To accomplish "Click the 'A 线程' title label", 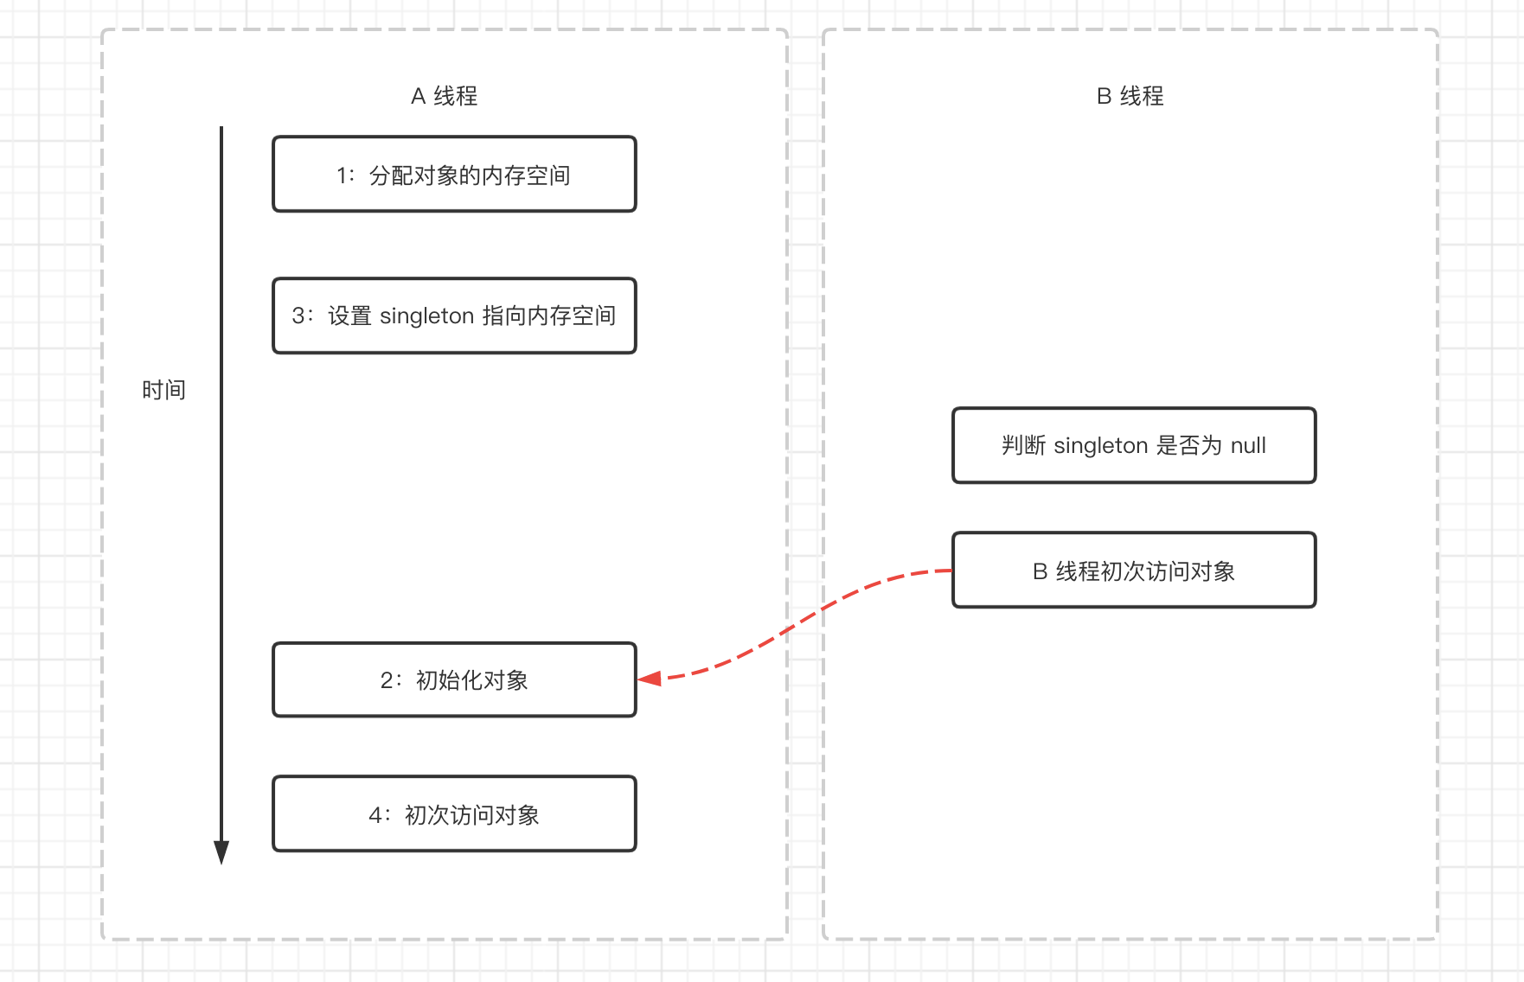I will (444, 96).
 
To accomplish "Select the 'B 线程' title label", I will (1130, 96).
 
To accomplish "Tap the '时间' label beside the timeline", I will (163, 390).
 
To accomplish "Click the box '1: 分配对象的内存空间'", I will (454, 174).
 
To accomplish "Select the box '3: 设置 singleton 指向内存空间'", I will (454, 316).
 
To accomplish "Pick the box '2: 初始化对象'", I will (454, 679).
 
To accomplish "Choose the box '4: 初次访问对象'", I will (454, 813).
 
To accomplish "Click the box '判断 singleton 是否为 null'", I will (1134, 445).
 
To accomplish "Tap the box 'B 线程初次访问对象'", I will (1134, 571).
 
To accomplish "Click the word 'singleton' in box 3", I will (426, 316).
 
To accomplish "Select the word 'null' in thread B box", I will (1248, 446).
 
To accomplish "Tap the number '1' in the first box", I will (342, 175).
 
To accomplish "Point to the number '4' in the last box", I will (375, 815).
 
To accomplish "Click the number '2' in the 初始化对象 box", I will (387, 681).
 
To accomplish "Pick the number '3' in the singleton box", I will (298, 316).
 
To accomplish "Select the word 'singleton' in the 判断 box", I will (1100, 446).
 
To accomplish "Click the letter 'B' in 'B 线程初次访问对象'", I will (1040, 571).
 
